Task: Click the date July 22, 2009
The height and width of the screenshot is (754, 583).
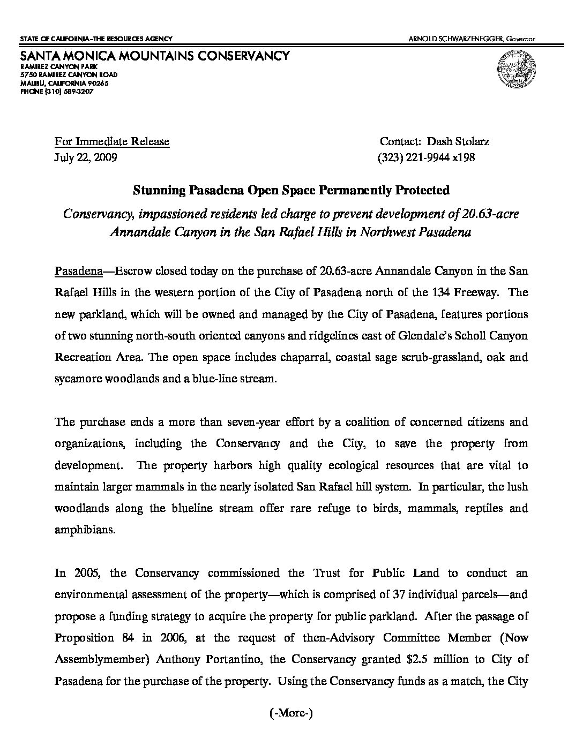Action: click(x=86, y=158)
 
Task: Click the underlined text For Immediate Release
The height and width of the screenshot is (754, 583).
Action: click(x=112, y=142)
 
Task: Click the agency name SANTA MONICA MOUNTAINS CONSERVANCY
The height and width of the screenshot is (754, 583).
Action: click(x=155, y=56)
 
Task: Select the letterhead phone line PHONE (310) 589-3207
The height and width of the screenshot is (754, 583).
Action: click(x=57, y=92)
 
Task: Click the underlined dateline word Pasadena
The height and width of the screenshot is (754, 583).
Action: click(x=79, y=271)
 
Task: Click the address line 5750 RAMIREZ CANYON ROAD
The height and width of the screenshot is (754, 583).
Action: click(x=69, y=75)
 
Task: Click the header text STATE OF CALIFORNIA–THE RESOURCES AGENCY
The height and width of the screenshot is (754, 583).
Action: click(x=96, y=39)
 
